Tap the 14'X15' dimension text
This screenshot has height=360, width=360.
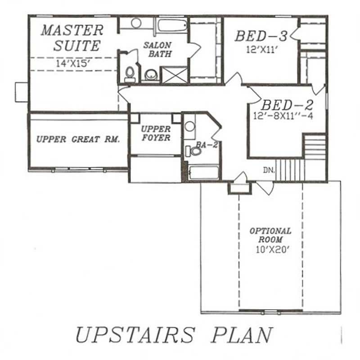click(x=74, y=63)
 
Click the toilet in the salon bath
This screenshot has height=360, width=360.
click(x=130, y=74)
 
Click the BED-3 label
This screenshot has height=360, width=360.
click(x=261, y=36)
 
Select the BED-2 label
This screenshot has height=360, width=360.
click(x=287, y=105)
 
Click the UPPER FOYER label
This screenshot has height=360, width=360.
click(x=156, y=133)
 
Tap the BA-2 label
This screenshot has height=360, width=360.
click(x=203, y=145)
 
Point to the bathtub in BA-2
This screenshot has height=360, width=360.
click(x=203, y=173)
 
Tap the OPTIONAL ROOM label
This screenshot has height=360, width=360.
click(x=270, y=235)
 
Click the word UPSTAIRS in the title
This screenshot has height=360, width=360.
click(x=135, y=335)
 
